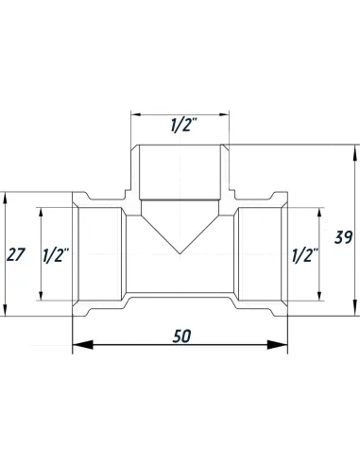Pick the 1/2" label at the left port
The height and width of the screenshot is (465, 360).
pos(55,253)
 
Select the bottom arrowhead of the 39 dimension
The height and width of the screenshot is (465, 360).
pos(357,310)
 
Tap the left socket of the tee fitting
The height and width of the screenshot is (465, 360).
pos(98,253)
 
